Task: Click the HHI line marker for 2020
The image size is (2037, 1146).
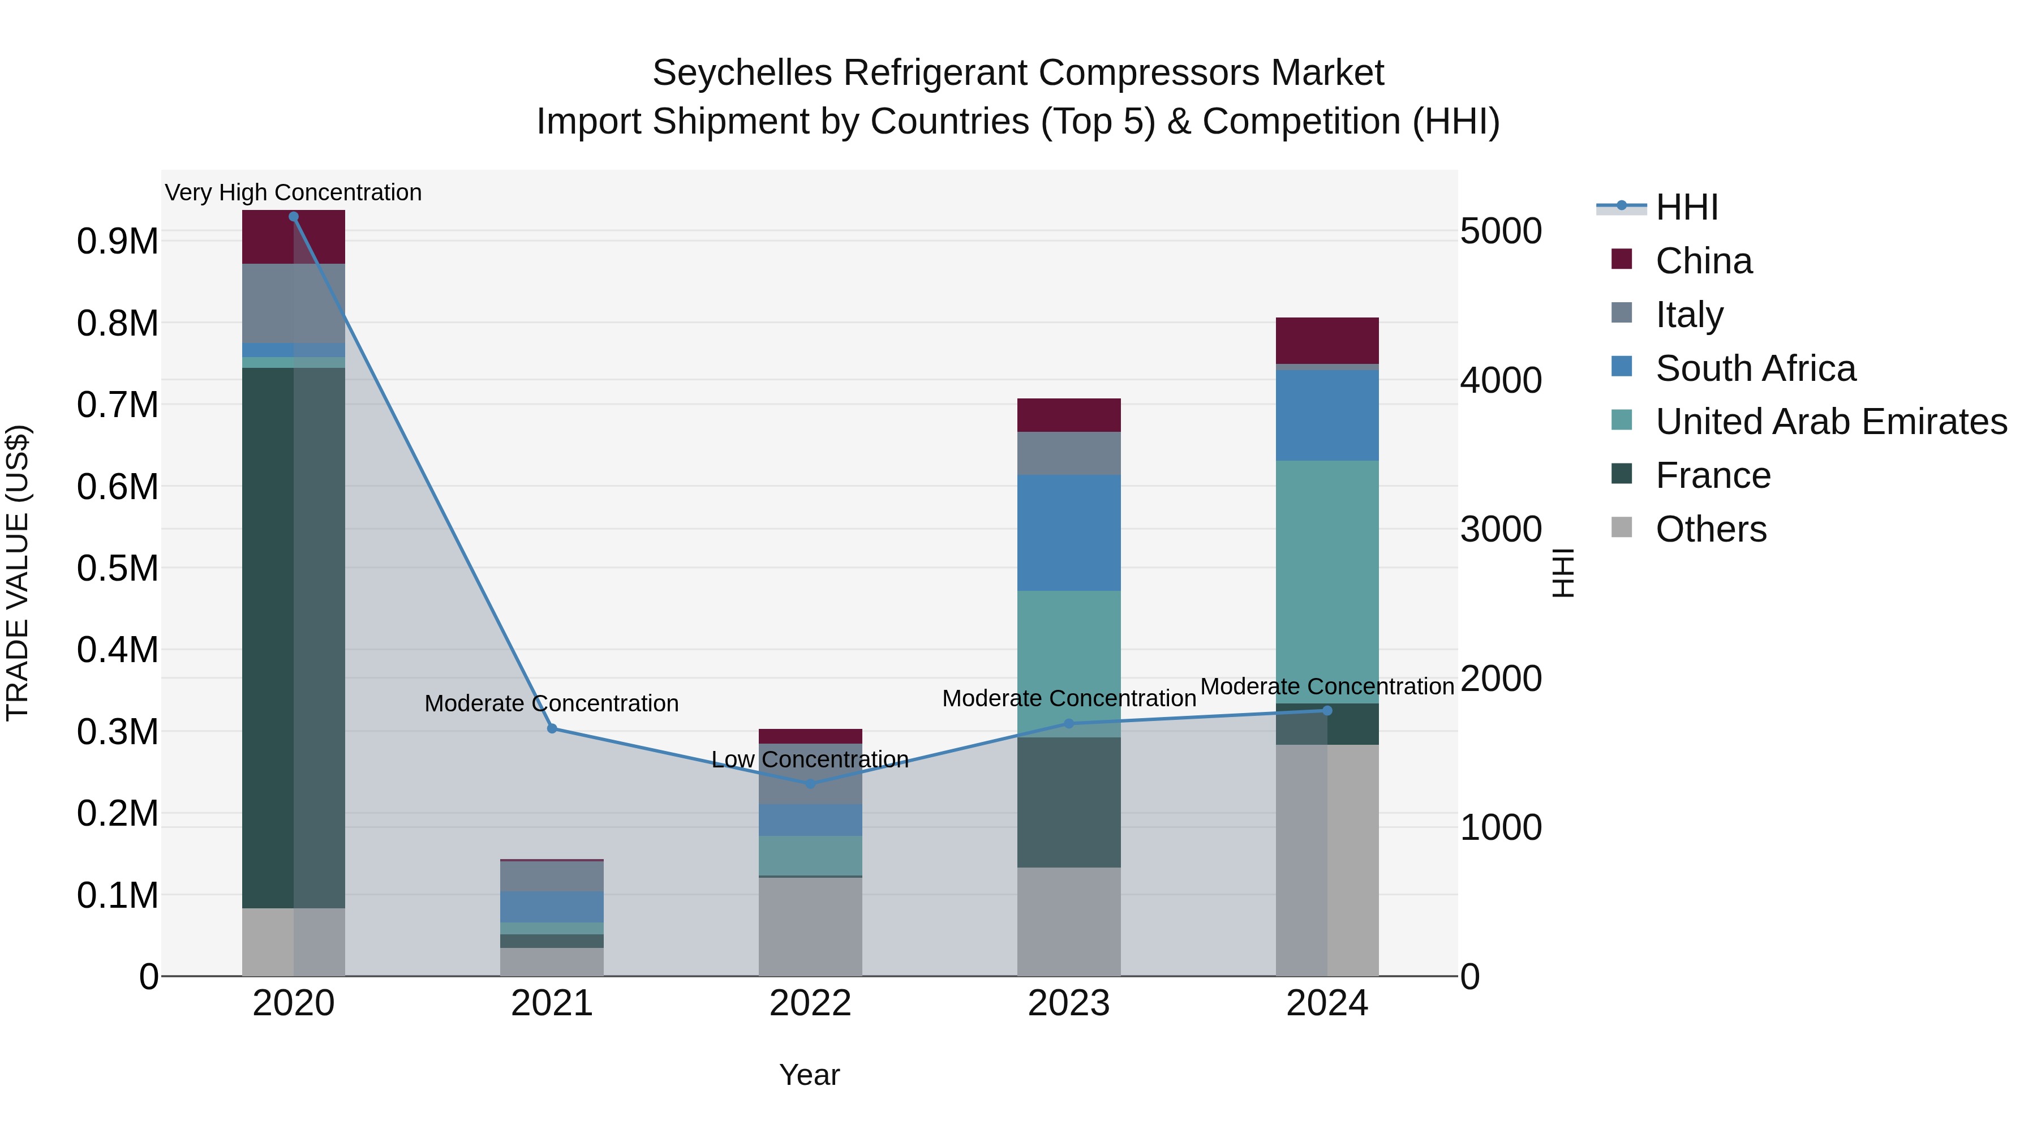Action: (293, 217)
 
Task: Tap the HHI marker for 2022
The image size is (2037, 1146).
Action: (810, 784)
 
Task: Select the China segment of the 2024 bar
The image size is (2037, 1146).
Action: (1327, 340)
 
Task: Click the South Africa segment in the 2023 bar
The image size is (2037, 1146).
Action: (1068, 533)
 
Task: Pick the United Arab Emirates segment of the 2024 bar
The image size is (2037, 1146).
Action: (1327, 581)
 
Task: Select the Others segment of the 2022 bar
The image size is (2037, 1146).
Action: (810, 926)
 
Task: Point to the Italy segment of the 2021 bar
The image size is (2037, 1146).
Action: (552, 876)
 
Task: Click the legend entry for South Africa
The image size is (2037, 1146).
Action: (1755, 368)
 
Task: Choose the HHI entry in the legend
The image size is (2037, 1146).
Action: (1686, 207)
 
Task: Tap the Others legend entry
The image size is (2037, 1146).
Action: (1711, 529)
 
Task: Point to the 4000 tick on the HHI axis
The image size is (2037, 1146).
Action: (1500, 380)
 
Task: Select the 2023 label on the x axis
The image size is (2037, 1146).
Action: (1068, 1003)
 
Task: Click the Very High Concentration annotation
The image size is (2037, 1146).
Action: (293, 193)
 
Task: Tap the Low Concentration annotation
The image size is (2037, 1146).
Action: (810, 760)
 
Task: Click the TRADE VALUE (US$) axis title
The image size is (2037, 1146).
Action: (18, 573)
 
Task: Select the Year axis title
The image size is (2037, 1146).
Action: (809, 1075)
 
